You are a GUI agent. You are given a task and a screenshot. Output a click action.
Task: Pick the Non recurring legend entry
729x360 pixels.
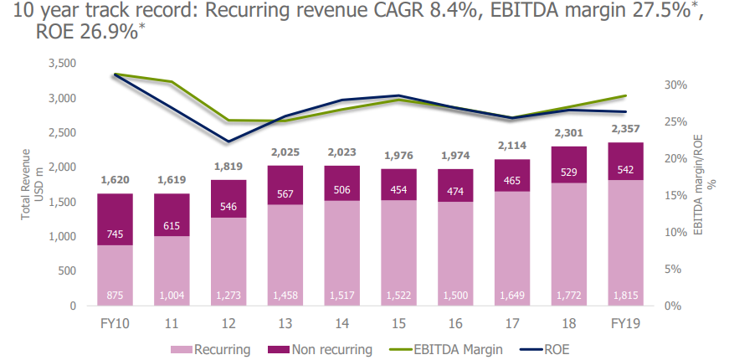tap(321, 349)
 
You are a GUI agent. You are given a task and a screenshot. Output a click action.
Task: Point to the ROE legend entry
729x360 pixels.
tap(555, 349)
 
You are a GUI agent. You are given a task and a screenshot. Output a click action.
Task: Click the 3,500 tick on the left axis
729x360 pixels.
tap(63, 64)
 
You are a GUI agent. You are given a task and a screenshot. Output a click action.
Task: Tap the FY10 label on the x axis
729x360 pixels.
tap(115, 321)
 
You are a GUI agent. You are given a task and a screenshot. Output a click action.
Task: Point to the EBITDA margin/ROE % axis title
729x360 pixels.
tap(704, 185)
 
